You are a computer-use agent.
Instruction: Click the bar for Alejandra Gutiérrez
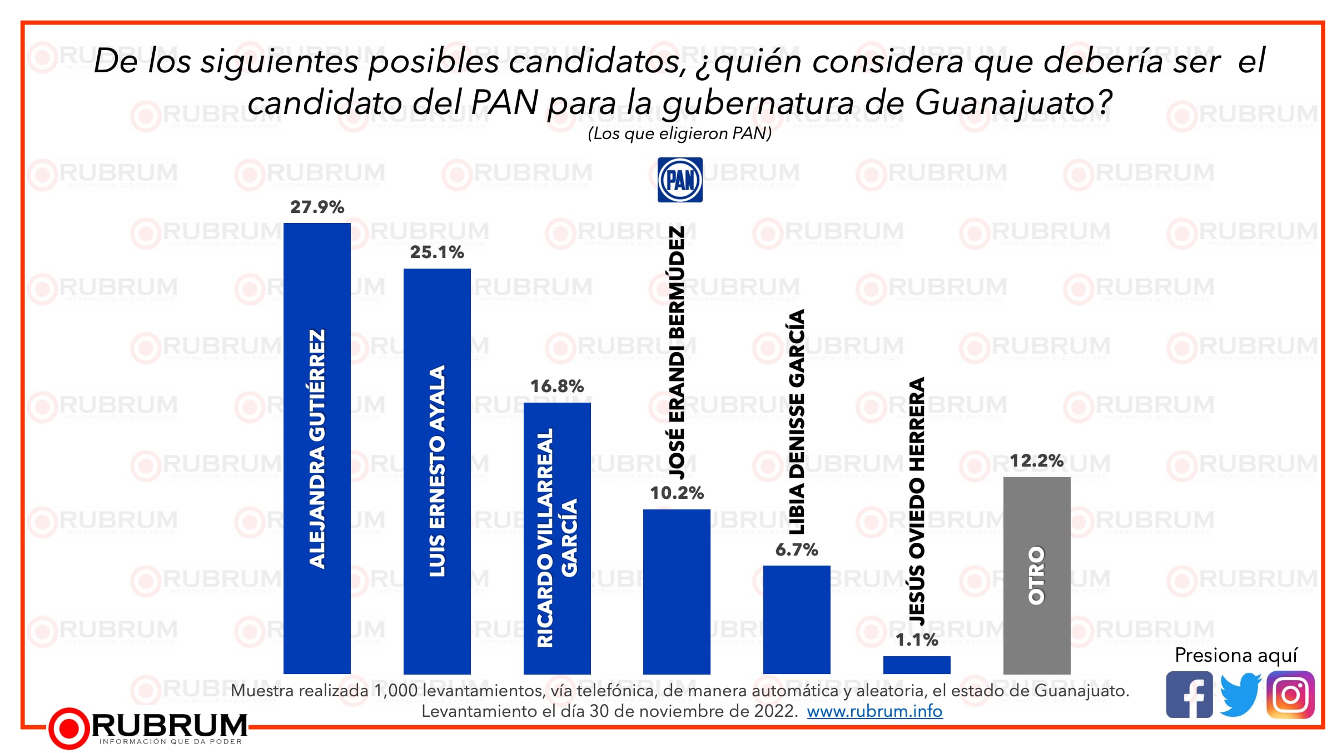pyautogui.click(x=317, y=448)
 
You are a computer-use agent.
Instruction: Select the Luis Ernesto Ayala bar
pyautogui.click(x=437, y=471)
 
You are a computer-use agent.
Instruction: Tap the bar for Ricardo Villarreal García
pyautogui.click(x=557, y=538)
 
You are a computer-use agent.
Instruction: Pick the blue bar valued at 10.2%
pyautogui.click(x=677, y=591)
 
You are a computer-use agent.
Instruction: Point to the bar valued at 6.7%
pyautogui.click(x=797, y=620)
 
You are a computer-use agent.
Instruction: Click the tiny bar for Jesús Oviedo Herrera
pyautogui.click(x=917, y=665)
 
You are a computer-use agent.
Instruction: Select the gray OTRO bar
pyautogui.click(x=1037, y=575)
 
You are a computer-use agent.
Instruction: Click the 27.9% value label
pyautogui.click(x=317, y=207)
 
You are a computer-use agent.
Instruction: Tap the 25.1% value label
pyautogui.click(x=437, y=252)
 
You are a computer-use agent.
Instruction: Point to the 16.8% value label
pyautogui.click(x=557, y=386)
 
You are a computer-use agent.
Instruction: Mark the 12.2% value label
pyautogui.click(x=1037, y=460)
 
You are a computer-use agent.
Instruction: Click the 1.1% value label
pyautogui.click(x=917, y=640)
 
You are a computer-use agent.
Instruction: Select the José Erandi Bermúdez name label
pyautogui.click(x=677, y=353)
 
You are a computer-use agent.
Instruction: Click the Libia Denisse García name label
pyautogui.click(x=797, y=421)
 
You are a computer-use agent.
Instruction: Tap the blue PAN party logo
pyautogui.click(x=680, y=180)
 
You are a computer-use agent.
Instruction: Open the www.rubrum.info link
pyautogui.click(x=874, y=711)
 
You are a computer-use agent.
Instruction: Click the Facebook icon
pyautogui.click(x=1189, y=695)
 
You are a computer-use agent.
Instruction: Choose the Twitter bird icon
pyautogui.click(x=1240, y=695)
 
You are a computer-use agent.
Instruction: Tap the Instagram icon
pyautogui.click(x=1290, y=695)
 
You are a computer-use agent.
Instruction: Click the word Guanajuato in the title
pyautogui.click(x=1013, y=103)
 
